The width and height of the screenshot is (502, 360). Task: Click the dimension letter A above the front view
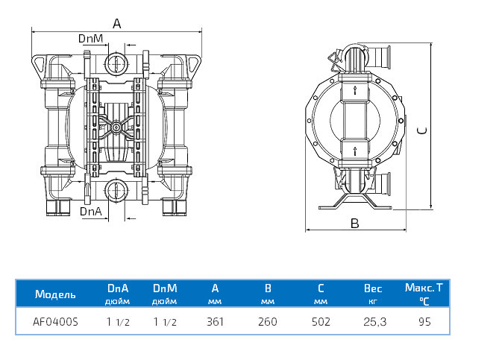[x=116, y=24]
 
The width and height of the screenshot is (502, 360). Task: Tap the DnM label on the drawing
[x=90, y=38]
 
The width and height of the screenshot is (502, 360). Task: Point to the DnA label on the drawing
[x=91, y=212]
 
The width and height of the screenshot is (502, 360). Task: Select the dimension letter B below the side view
[x=355, y=223]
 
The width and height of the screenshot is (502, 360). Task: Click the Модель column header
[x=55, y=294]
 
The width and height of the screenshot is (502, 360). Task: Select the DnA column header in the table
[x=118, y=288]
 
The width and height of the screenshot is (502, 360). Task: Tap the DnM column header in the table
[x=164, y=288]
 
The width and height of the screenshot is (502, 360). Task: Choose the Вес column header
[x=372, y=288]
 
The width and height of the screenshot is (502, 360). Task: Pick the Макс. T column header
[x=424, y=288]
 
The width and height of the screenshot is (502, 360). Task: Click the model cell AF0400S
[x=55, y=323]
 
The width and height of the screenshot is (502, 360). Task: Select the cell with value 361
[x=215, y=323]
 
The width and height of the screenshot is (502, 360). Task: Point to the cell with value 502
[x=321, y=323]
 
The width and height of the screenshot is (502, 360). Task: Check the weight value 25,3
[x=372, y=323]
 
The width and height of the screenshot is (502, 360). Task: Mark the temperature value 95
[x=424, y=323]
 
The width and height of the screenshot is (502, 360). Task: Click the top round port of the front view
[x=116, y=62]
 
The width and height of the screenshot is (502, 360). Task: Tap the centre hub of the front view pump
[x=116, y=127]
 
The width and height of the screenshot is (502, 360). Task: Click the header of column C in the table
[x=321, y=288]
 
